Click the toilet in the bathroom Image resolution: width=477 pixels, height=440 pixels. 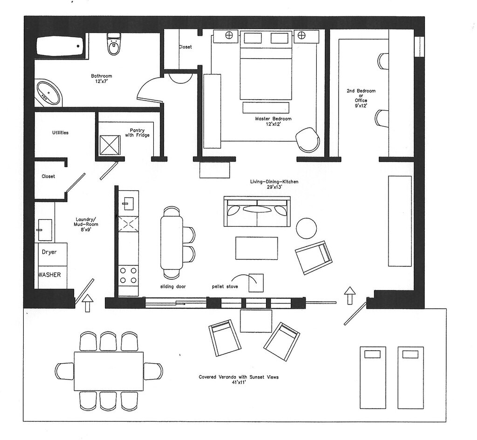pos(113,44)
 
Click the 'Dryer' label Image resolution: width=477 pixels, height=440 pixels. pos(49,252)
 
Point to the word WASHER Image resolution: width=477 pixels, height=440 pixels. pos(49,275)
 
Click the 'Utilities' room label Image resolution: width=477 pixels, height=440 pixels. pos(60,133)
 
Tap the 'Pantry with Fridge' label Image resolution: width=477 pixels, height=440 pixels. pos(137,133)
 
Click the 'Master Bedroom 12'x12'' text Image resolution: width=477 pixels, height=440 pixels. pos(273,121)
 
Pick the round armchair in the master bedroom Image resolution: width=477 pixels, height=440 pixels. pos(308,139)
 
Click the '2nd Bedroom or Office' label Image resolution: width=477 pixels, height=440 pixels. pos(361,95)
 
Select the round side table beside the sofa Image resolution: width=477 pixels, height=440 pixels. pos(307,229)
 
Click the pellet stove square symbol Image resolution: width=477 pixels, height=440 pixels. pos(256,283)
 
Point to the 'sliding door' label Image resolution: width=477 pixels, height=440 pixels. pos(173,286)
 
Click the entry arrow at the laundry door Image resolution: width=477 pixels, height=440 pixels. pos(88,303)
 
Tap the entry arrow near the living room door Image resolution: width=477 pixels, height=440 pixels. pos(350,295)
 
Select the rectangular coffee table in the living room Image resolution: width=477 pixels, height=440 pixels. pos(257,248)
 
